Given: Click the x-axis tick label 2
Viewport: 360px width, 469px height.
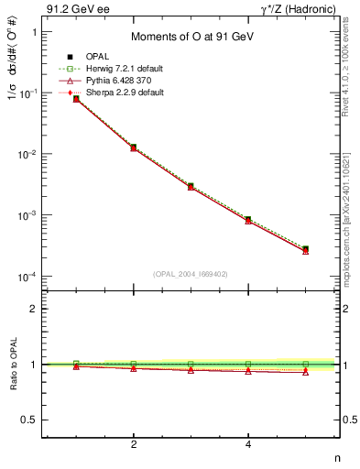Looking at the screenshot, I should pos(134,445).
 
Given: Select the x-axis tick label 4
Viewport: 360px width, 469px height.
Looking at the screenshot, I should pos(248,445).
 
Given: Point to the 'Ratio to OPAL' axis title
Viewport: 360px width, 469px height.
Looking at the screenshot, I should pos(12,365).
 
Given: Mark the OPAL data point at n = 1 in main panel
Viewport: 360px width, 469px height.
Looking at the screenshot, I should pos(76,98).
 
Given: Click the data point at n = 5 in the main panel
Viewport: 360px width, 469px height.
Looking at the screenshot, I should pos(306,249).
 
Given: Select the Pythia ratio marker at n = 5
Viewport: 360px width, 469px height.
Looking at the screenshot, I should pos(306,372).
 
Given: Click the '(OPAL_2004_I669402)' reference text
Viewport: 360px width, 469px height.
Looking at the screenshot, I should pos(191,272).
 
